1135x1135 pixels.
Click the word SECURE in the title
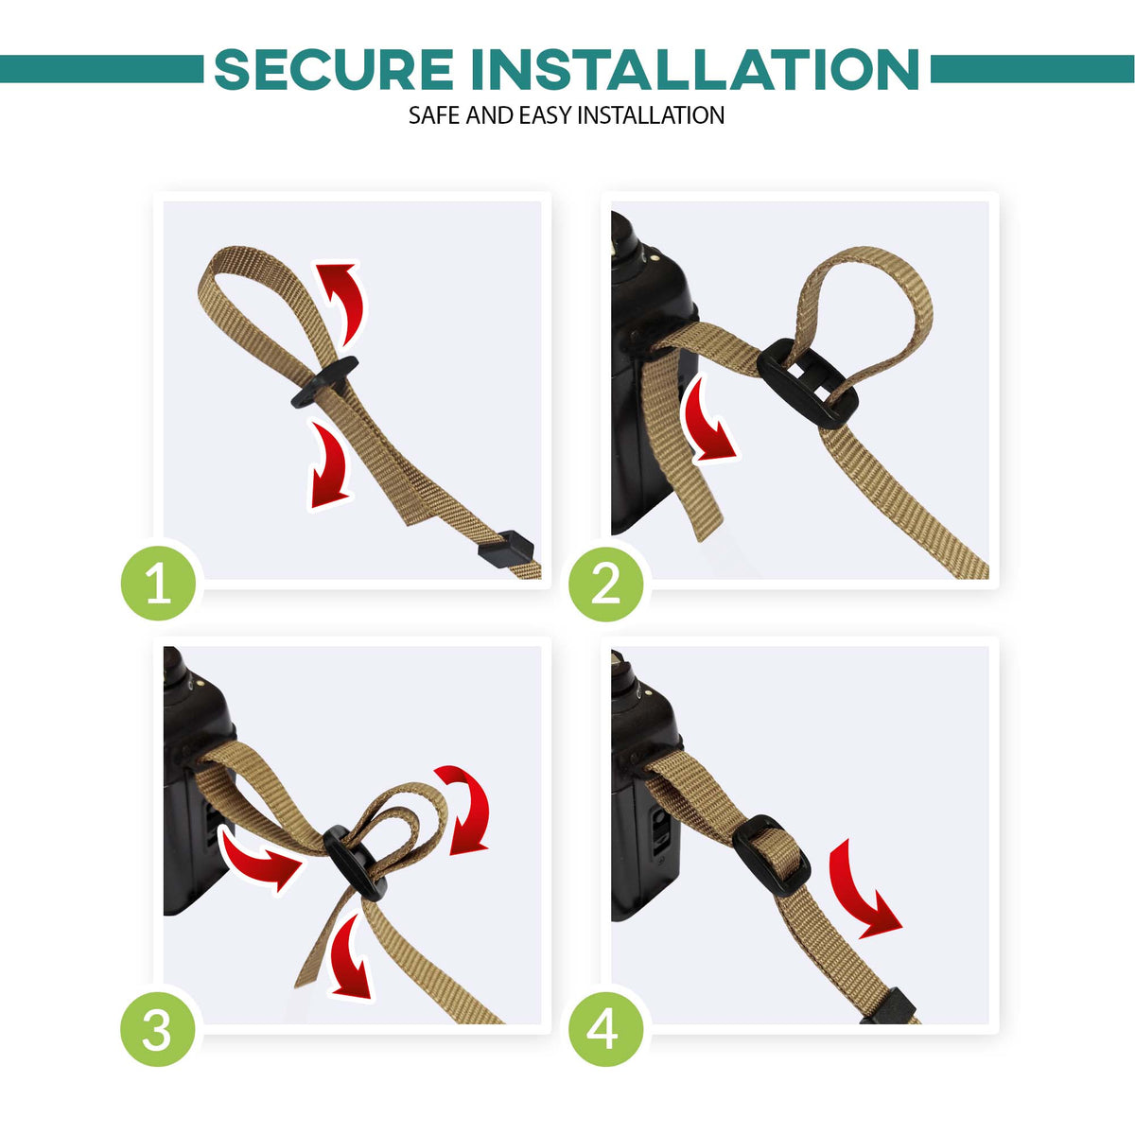(x=333, y=69)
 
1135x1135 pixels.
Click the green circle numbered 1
(x=159, y=582)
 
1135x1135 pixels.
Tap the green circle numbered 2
(x=606, y=582)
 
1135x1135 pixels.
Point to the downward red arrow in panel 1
(x=330, y=465)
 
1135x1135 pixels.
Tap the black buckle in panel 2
(x=807, y=383)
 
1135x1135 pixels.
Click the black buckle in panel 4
(x=772, y=855)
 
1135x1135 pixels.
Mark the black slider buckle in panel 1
(x=324, y=382)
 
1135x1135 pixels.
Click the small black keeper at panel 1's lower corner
(x=506, y=549)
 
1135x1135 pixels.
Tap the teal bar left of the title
(x=101, y=69)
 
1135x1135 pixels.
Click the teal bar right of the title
(x=1033, y=69)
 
